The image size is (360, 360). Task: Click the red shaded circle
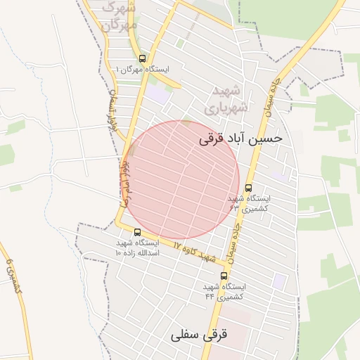coord(184,179)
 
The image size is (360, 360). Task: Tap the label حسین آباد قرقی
coord(241,138)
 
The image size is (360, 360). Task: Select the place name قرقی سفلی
coord(200,335)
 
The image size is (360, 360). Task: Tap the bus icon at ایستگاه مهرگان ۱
coord(143,58)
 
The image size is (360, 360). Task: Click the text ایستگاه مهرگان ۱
coord(143,70)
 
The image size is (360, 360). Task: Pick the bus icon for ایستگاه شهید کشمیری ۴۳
coord(249,187)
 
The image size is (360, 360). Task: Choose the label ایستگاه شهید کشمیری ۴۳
coord(249,204)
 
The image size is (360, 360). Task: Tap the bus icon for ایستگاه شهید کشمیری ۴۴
coord(224,276)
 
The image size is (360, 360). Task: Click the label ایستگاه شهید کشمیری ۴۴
coord(224,292)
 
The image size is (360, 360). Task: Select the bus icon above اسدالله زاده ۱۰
coord(137,232)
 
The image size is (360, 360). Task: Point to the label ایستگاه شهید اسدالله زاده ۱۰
coord(139,247)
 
